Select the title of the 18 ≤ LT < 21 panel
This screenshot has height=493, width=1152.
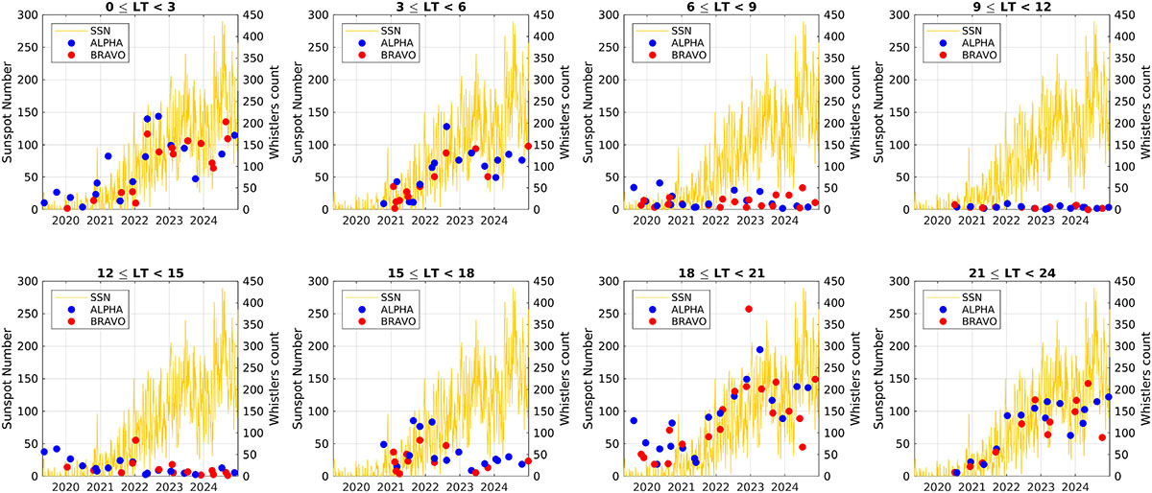pyautogui.click(x=719, y=273)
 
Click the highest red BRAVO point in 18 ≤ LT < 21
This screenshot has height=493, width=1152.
pyautogui.click(x=749, y=309)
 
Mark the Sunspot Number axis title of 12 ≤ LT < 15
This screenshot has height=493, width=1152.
pyautogui.click(x=9, y=379)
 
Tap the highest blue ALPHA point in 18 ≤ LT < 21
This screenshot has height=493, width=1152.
pyautogui.click(x=759, y=350)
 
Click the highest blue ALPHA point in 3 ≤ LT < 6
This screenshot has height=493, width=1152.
pyautogui.click(x=446, y=127)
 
